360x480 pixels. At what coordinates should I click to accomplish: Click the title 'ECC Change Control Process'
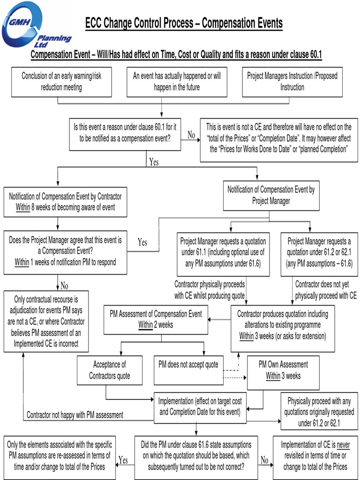184,22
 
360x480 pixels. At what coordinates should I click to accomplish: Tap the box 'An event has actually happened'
177,82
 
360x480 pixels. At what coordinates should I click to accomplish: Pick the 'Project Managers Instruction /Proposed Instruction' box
292,82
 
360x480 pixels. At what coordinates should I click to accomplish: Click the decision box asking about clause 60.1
125,133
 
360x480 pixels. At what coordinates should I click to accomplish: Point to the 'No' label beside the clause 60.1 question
191,135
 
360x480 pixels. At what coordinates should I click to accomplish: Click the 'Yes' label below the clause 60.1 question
154,162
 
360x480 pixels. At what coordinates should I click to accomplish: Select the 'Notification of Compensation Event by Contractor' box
65,202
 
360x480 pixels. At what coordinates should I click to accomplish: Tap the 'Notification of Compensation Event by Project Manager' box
271,195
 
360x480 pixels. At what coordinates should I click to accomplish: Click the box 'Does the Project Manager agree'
65,252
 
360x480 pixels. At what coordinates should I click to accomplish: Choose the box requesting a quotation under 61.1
223,253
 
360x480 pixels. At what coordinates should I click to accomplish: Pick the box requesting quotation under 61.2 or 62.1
319,253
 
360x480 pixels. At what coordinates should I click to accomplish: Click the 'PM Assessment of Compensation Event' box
156,319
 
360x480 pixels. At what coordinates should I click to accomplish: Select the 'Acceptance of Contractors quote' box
110,370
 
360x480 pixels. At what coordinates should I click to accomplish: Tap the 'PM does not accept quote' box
188,365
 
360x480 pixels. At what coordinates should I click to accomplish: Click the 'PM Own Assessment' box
283,370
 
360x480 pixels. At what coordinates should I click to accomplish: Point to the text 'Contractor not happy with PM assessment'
75,415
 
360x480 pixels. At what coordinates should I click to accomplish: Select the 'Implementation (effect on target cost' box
200,407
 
